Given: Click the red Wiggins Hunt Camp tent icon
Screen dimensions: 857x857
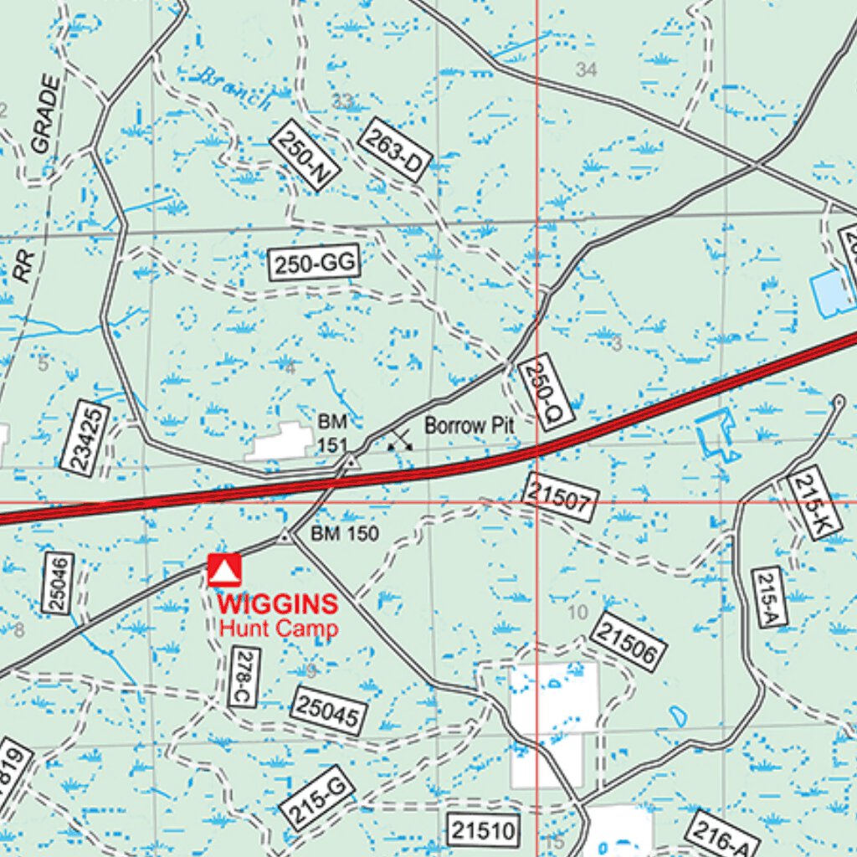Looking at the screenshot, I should (x=224, y=570).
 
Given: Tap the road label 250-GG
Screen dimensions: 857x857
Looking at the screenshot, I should (x=315, y=264).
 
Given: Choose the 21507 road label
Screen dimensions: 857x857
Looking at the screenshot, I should (x=560, y=497).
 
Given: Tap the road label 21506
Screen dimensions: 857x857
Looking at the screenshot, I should (x=628, y=642).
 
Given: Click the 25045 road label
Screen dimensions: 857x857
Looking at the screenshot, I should (x=330, y=711).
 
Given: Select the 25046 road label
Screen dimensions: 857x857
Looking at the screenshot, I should (x=58, y=582).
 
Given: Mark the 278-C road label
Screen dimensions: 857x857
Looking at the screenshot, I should (x=244, y=677).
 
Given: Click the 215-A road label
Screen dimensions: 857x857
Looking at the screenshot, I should (x=769, y=597).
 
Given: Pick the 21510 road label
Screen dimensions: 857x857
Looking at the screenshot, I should (x=484, y=830).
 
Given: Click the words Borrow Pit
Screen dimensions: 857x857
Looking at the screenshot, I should (x=469, y=425).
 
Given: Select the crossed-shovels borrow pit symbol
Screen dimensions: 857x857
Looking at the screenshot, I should (x=400, y=439).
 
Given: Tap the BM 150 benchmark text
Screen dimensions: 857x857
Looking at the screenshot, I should (x=345, y=534).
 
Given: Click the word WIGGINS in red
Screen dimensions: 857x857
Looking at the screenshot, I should (x=278, y=603).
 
